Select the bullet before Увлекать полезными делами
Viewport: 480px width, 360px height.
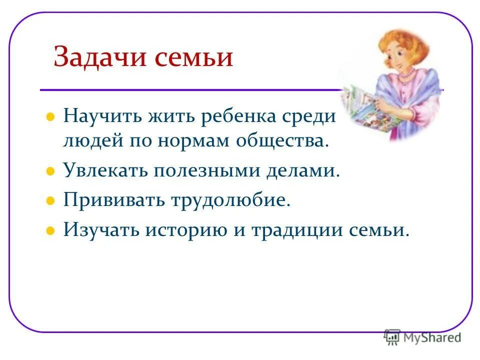[50, 171]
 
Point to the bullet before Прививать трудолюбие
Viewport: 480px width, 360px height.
[50, 201]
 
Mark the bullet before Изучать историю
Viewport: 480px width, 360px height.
[50, 230]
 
